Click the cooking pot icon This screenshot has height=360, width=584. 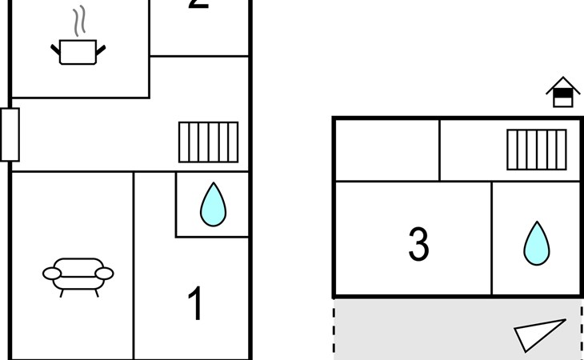coord(78,52)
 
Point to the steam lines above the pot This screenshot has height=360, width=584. coord(78,22)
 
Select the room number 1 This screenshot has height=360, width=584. coord(196,305)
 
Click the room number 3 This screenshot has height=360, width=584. coord(418,245)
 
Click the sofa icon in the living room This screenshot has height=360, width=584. coord(78,274)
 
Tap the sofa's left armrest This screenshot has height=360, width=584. coord(52,274)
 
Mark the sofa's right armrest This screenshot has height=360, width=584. coord(104,274)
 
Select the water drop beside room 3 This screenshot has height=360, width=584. coord(537,242)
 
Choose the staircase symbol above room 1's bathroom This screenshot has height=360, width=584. coord(208,142)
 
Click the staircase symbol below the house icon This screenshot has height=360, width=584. coord(537,150)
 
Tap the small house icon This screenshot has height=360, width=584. coord(563,92)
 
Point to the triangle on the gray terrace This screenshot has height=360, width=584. coord(538,334)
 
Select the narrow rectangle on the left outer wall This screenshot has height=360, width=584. coord(10,134)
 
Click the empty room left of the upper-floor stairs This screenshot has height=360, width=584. coord(386,150)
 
